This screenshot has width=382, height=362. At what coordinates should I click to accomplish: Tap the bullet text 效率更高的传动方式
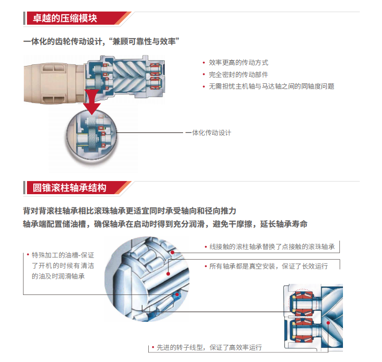tap(238, 63)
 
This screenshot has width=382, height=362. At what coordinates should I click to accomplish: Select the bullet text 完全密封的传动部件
tap(238, 74)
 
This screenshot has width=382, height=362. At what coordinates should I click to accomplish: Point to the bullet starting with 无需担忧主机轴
tap(271, 86)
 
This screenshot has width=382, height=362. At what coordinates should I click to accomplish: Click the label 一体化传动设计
tap(208, 133)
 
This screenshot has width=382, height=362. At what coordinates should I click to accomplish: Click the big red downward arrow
tap(92, 102)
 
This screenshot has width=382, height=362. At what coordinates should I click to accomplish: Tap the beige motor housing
tap(54, 83)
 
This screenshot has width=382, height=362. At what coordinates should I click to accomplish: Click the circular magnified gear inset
tap(92, 135)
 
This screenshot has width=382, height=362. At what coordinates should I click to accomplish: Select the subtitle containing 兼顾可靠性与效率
tap(101, 41)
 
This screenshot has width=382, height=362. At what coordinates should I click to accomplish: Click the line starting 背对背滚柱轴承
tap(130, 211)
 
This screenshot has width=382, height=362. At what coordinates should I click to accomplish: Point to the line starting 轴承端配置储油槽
tap(165, 224)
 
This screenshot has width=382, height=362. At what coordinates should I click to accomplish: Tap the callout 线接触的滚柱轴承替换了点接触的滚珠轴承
tap(272, 247)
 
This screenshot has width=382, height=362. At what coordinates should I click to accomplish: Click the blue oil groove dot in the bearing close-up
tap(177, 295)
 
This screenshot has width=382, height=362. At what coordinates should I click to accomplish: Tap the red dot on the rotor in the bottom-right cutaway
tap(328, 323)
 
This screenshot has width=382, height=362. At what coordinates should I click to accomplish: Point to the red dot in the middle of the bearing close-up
tap(168, 274)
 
